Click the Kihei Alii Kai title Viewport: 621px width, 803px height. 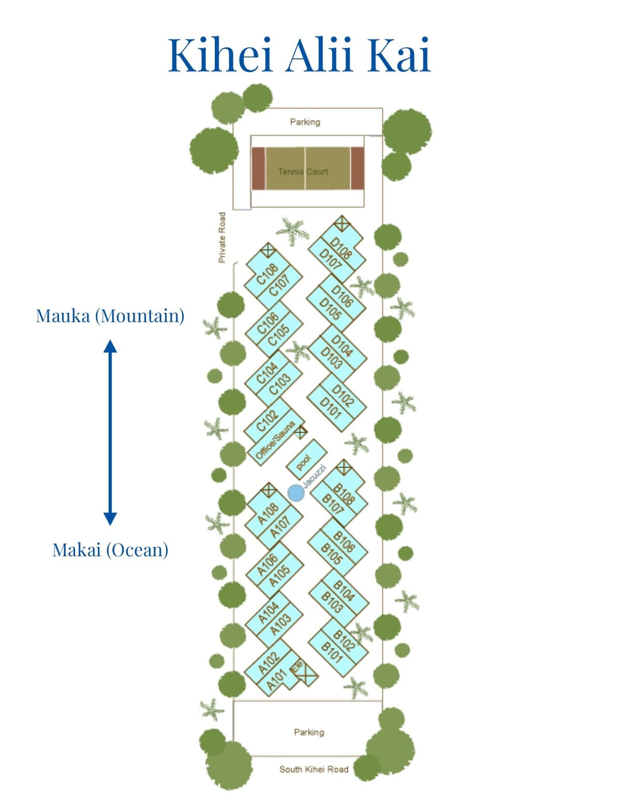click(299, 54)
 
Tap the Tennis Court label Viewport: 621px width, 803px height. click(303, 171)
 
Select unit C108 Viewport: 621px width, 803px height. click(267, 274)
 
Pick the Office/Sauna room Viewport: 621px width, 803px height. click(276, 440)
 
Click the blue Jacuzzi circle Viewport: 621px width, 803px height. click(296, 493)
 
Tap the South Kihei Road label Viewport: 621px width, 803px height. click(314, 769)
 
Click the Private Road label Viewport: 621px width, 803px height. click(222, 237)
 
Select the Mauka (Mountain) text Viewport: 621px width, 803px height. click(110, 315)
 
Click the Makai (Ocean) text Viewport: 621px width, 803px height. click(110, 550)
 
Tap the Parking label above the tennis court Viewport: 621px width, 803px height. click(305, 122)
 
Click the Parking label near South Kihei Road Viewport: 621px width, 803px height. click(309, 732)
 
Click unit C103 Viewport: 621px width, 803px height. click(280, 384)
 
